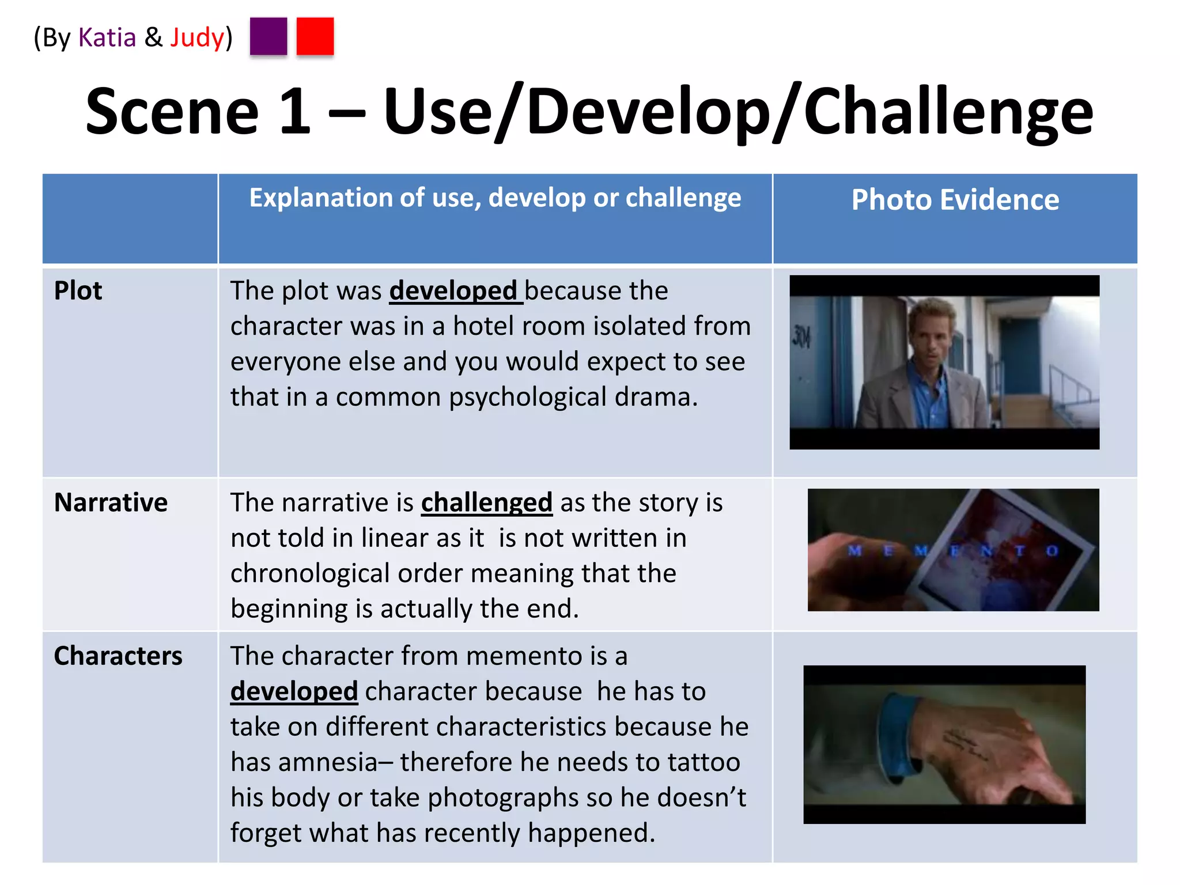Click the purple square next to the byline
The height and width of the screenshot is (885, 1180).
pyautogui.click(x=268, y=36)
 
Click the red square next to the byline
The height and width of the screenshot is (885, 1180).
pyautogui.click(x=315, y=36)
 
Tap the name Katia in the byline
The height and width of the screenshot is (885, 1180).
pyautogui.click(x=107, y=37)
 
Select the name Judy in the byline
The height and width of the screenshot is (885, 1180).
pyautogui.click(x=196, y=37)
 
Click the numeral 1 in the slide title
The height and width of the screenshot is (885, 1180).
pyautogui.click(x=295, y=111)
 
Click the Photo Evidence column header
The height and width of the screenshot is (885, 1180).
pyautogui.click(x=955, y=199)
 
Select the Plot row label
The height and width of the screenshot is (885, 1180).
pyautogui.click(x=78, y=290)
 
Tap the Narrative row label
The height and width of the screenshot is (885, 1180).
pyautogui.click(x=111, y=502)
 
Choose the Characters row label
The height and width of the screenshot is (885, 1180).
pyautogui.click(x=118, y=656)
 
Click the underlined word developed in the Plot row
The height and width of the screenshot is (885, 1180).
pyautogui.click(x=453, y=291)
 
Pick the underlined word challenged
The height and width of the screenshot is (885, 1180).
pyautogui.click(x=486, y=502)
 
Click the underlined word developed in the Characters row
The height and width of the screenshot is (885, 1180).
pyautogui.click(x=294, y=691)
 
